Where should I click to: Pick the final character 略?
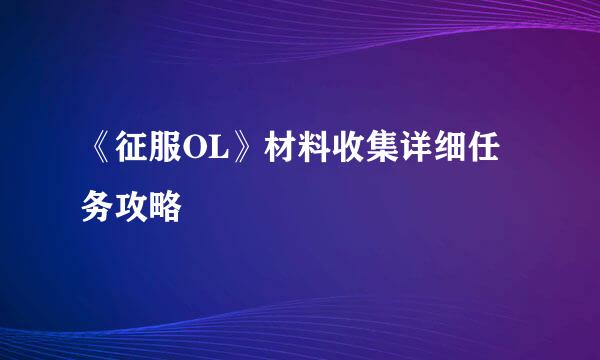(165, 207)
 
